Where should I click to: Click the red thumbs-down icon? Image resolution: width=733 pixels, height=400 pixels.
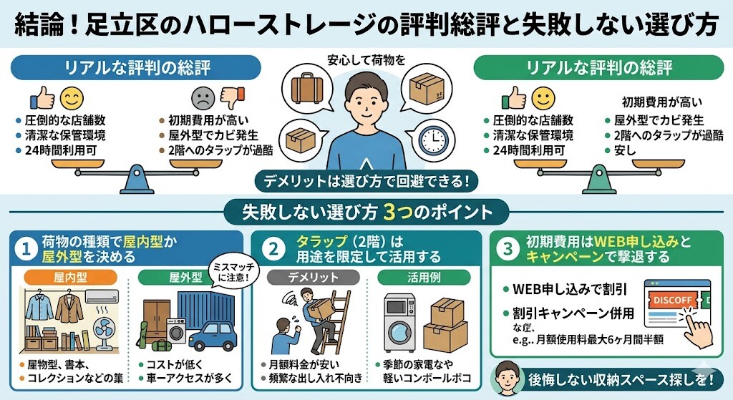point(230,95)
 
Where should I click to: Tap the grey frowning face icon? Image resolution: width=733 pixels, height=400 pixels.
point(203,97)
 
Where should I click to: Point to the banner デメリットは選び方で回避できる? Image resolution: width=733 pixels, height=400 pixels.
point(366,180)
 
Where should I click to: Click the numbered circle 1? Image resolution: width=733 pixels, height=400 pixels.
point(26,250)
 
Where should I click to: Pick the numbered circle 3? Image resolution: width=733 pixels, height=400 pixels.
point(508,250)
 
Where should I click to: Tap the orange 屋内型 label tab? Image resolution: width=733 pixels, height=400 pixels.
point(69,277)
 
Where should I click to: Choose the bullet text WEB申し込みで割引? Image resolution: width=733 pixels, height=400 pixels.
point(570,290)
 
